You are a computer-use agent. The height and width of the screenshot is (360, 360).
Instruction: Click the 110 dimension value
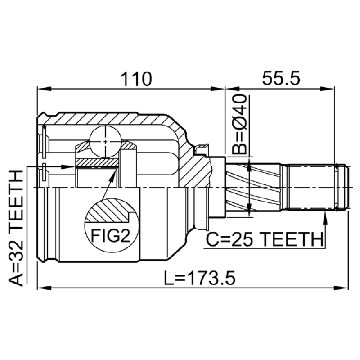136,79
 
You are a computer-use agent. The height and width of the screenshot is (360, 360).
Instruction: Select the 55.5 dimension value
281,78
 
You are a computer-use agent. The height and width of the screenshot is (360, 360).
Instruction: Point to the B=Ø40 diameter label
239,124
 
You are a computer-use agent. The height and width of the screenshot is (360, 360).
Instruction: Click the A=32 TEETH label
16,228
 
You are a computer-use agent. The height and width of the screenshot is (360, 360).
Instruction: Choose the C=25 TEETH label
265,239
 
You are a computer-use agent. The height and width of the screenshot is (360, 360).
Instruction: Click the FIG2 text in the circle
111,236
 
